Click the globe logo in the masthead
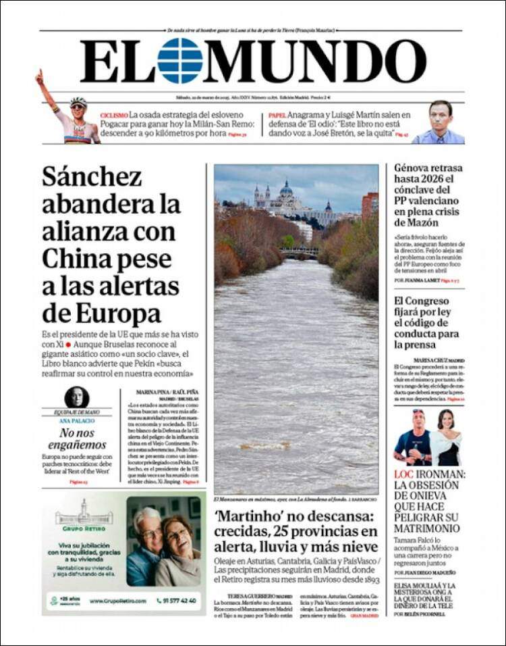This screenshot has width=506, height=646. (x=179, y=61)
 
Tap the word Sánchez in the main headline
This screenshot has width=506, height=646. (x=92, y=177)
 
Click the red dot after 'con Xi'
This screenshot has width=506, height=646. (x=68, y=345)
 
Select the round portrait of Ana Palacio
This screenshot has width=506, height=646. (x=76, y=398)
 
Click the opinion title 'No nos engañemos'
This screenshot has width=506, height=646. (x=78, y=439)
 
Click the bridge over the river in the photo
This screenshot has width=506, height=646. (x=299, y=252)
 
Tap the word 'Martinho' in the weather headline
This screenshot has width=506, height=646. (x=247, y=516)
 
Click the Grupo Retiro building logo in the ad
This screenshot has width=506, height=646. (x=84, y=513)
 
